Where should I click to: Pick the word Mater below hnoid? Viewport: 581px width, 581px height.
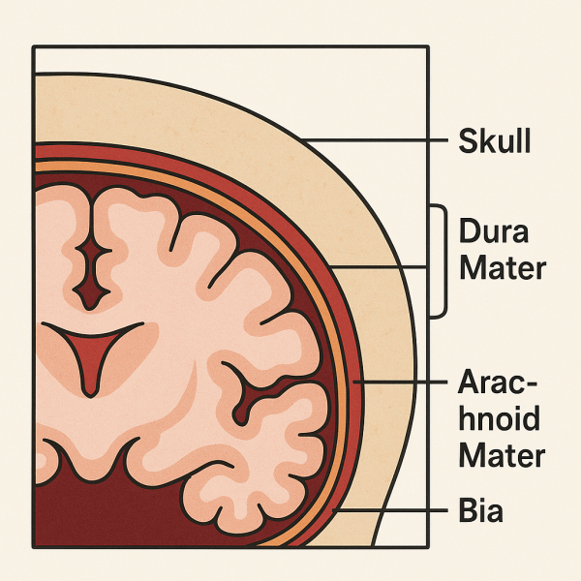click(x=502, y=454)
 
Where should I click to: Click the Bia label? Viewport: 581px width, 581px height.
click(x=480, y=510)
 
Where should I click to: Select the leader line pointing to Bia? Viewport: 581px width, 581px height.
click(x=387, y=509)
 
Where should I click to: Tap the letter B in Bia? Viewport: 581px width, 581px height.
click(x=466, y=510)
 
